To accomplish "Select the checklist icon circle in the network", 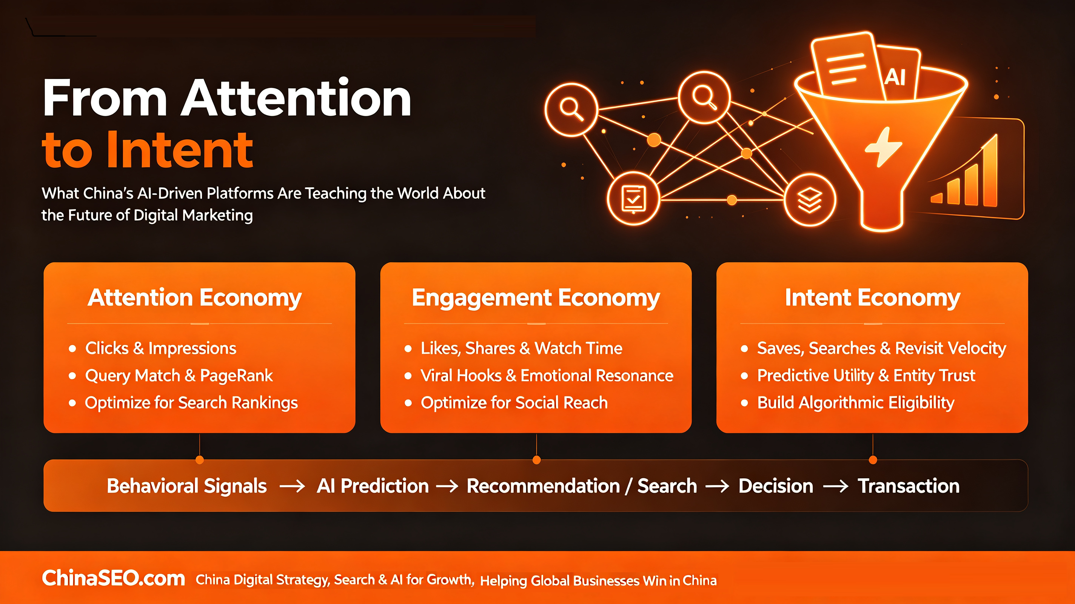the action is click(x=633, y=199).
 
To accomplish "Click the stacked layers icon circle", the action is click(x=810, y=200).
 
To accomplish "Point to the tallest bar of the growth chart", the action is click(x=991, y=171).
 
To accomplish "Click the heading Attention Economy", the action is click(x=194, y=298).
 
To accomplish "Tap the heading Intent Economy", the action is click(x=873, y=298).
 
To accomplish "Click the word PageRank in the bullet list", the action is click(x=236, y=376).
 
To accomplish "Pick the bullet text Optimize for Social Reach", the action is click(x=514, y=403).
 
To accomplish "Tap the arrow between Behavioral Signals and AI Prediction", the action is click(x=292, y=486).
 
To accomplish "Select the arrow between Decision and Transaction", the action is click(x=835, y=486).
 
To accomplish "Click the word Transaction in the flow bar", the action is click(x=909, y=486).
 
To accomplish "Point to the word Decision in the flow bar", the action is click(x=776, y=486).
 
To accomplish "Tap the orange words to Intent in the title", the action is click(x=147, y=149).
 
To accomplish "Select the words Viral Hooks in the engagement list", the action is click(x=461, y=375).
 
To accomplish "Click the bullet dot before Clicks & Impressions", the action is click(x=72, y=348).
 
